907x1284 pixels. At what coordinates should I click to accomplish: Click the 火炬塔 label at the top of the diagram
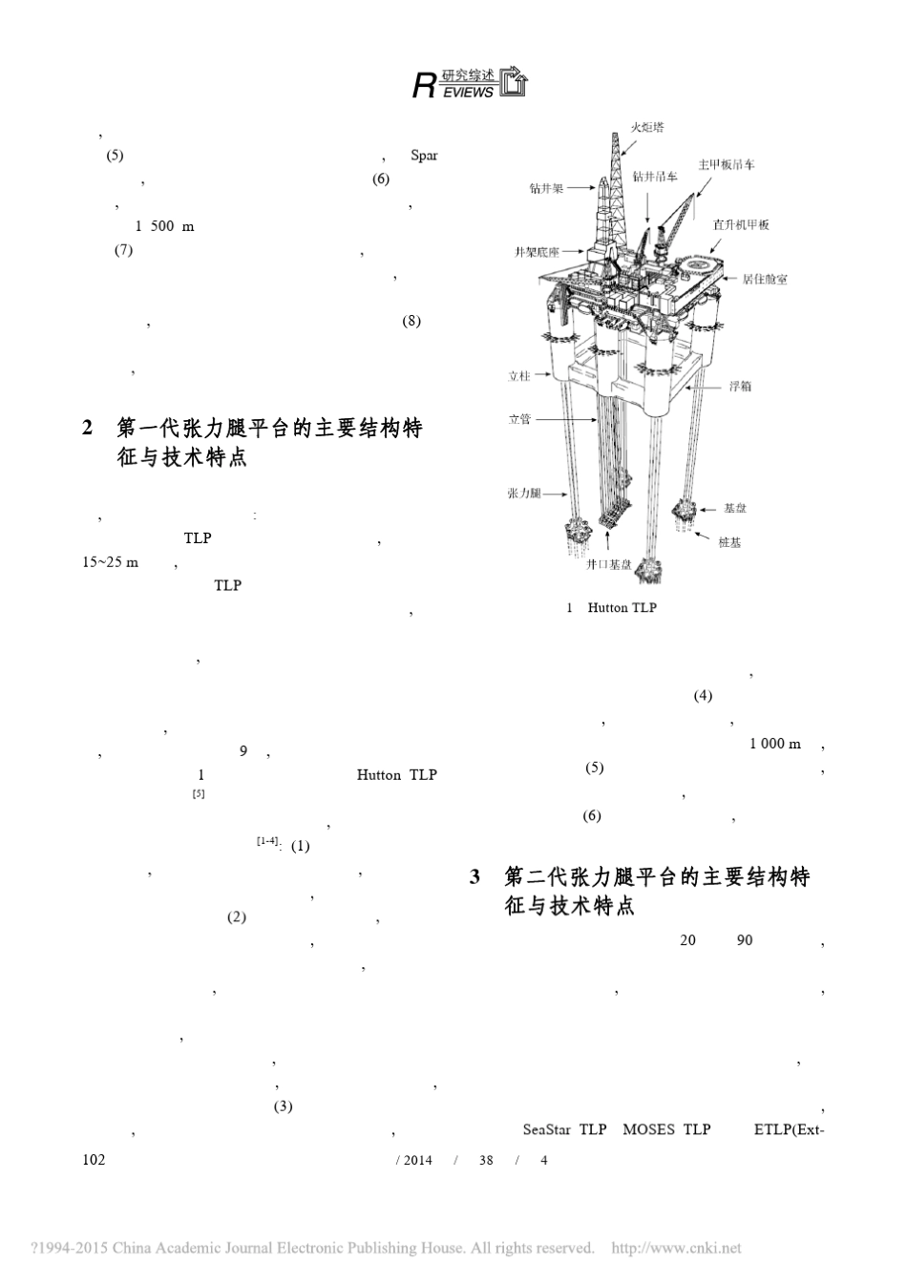(647, 127)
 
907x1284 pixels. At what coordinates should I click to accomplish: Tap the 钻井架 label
(546, 188)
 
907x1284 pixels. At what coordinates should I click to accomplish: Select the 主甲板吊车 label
(727, 164)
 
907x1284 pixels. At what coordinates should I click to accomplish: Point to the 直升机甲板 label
(741, 224)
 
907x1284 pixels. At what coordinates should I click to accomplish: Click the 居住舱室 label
(765, 279)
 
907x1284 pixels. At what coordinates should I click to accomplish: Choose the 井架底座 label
(536, 253)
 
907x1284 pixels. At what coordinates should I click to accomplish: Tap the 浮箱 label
(741, 387)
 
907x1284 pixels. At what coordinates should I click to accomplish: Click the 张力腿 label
(524, 493)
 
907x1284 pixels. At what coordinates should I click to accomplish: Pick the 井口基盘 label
(609, 564)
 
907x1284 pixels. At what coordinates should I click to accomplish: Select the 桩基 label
(729, 541)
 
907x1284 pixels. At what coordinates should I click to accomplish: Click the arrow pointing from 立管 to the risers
(556, 419)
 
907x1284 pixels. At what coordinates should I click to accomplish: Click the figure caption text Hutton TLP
(622, 607)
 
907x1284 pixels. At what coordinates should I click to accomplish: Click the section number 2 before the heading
(88, 428)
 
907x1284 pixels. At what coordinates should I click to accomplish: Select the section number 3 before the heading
(475, 876)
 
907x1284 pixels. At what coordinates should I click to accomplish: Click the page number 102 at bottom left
(94, 1160)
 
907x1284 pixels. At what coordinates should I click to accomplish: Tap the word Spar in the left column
(424, 155)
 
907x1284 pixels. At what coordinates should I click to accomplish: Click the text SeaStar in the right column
(547, 1129)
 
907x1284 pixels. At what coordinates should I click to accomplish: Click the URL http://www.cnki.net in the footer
(675, 1248)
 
